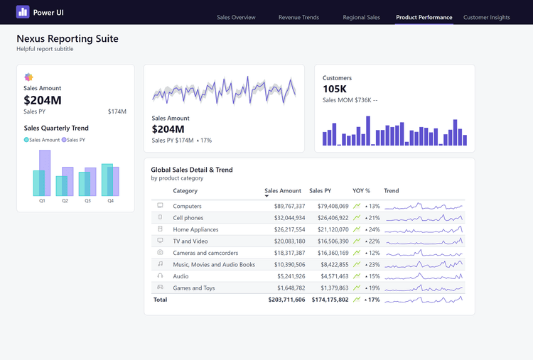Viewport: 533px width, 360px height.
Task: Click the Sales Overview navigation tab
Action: tap(236, 17)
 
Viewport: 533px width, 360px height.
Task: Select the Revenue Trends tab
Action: tap(298, 17)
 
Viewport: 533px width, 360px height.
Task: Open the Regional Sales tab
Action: tap(361, 17)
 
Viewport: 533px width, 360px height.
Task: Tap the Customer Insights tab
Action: tap(486, 17)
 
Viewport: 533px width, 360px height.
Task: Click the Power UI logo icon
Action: tap(23, 12)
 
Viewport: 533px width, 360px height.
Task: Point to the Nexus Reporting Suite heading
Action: tap(68, 38)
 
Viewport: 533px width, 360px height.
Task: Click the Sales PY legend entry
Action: tap(75, 140)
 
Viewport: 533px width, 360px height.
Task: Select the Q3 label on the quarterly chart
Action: tap(87, 201)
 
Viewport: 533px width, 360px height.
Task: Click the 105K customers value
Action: tap(335, 89)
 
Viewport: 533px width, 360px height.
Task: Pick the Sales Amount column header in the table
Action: tap(283, 191)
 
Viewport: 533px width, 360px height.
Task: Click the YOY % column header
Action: tap(361, 191)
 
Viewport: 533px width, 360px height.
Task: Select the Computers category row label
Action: tap(188, 206)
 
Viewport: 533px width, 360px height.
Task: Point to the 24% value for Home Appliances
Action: tap(374, 229)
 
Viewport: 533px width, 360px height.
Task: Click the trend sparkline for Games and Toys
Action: tap(424, 288)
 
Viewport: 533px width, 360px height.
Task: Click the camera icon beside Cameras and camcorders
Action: tap(160, 253)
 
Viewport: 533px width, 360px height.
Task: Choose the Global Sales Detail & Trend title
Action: tap(192, 170)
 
